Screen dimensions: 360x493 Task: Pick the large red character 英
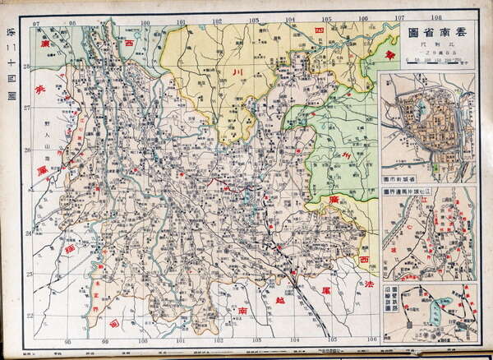[x=35, y=92]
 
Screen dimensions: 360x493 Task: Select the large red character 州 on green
[x=347, y=155]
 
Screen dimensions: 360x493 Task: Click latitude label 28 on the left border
[x=27, y=67]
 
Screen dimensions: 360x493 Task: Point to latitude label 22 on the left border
[x=27, y=315]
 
